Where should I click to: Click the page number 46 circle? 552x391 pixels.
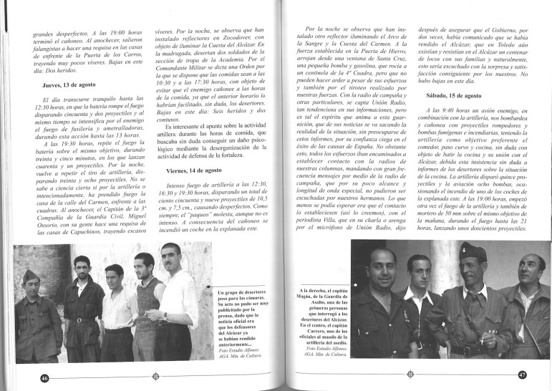[x=44, y=377]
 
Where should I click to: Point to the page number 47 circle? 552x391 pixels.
[x=523, y=375]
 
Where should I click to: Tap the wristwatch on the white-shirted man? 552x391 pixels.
[x=164, y=316]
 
